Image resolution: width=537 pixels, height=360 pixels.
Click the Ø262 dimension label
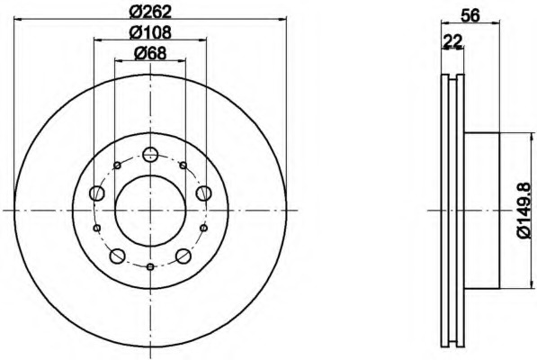pos(150,13)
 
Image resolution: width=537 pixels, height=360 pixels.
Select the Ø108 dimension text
pos(150,32)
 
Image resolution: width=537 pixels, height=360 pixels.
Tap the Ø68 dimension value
pos(150,53)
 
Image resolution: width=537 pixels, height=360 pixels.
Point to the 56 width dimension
pos(470,15)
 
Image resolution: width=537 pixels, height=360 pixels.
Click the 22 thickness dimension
pos(452,41)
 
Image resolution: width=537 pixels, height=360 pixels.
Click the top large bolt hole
pos(150,154)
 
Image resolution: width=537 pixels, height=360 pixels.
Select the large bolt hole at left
pos(96,193)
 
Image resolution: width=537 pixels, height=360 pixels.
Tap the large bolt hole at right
pos(203,193)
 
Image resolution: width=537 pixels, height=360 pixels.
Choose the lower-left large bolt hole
pos(117,256)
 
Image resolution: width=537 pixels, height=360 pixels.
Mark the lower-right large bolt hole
pos(183,256)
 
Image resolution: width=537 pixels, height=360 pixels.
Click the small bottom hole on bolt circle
pos(150,266)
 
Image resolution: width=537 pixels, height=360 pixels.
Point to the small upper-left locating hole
pos(117,166)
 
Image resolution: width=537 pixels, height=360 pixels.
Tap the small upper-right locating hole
pos(183,166)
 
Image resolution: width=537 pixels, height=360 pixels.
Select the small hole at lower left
pos(97,228)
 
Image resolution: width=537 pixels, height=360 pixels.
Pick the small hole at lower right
pos(204,228)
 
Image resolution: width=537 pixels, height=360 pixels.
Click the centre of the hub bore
pos(150,211)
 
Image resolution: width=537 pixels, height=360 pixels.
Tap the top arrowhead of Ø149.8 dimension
pos(532,137)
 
